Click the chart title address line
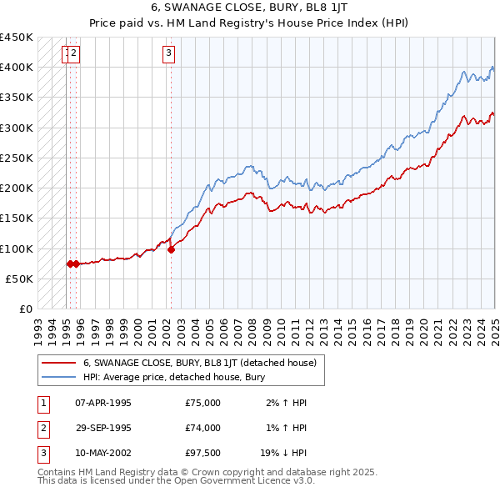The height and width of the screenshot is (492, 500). (x=249, y=7)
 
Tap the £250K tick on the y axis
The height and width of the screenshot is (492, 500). (x=17, y=158)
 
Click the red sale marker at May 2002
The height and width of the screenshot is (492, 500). (x=171, y=249)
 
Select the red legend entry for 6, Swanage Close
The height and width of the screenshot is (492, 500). (x=199, y=364)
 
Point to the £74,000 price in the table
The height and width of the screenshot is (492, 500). (x=203, y=428)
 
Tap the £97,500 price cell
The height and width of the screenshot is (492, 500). (x=203, y=453)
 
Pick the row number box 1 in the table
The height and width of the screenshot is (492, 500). (x=42, y=403)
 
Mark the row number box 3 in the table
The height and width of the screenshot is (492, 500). (x=42, y=453)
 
